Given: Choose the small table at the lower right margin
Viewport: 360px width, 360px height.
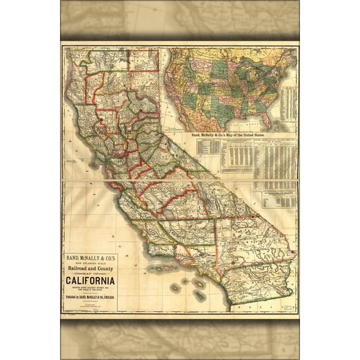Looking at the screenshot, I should (279, 199).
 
